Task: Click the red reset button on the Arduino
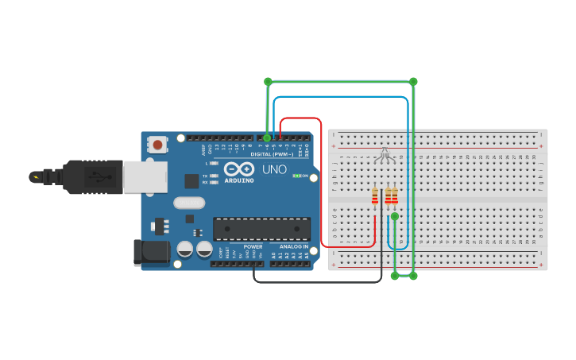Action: tap(158, 145)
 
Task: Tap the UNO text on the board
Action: tap(274, 169)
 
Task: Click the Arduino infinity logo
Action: tap(238, 168)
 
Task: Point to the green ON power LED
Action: tap(297, 176)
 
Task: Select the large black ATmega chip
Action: tap(261, 229)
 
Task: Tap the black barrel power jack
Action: tap(152, 253)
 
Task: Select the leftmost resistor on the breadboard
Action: tap(375, 196)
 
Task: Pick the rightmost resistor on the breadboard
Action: tap(395, 196)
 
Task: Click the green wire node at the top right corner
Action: tap(413, 81)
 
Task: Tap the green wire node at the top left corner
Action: tap(268, 81)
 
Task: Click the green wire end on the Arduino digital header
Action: tap(268, 138)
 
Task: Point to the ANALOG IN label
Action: tap(293, 246)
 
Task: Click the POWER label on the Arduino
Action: tap(253, 246)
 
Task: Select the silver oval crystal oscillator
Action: tap(188, 203)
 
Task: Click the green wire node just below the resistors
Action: tap(394, 216)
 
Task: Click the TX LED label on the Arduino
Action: tap(204, 176)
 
